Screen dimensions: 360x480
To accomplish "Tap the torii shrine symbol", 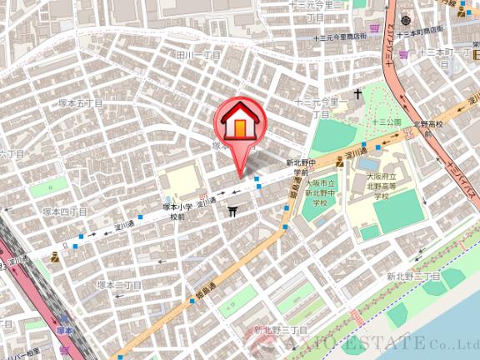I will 232,213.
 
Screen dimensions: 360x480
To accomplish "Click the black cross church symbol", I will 357,94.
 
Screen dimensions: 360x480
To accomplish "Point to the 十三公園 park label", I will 387,122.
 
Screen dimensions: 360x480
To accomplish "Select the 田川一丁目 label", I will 198,55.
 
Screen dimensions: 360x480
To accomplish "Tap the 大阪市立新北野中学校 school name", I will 320,192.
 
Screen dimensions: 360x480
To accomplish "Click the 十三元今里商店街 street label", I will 340,37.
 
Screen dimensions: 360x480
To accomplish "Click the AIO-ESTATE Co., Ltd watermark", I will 375,342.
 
